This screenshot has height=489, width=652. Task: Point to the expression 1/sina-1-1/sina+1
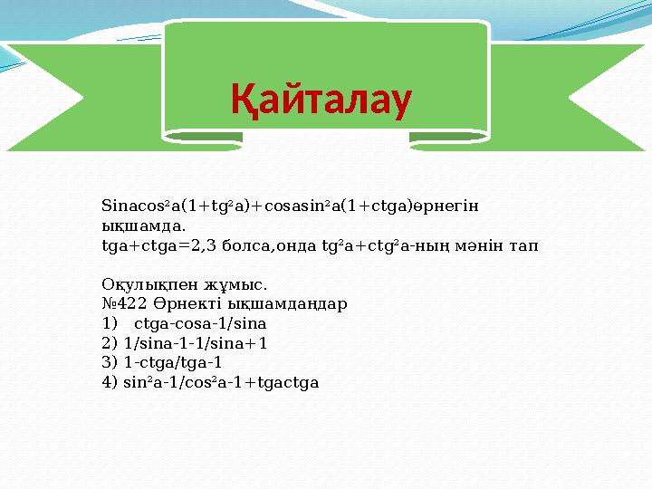tap(196, 343)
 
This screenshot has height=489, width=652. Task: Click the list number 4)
tap(110, 382)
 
